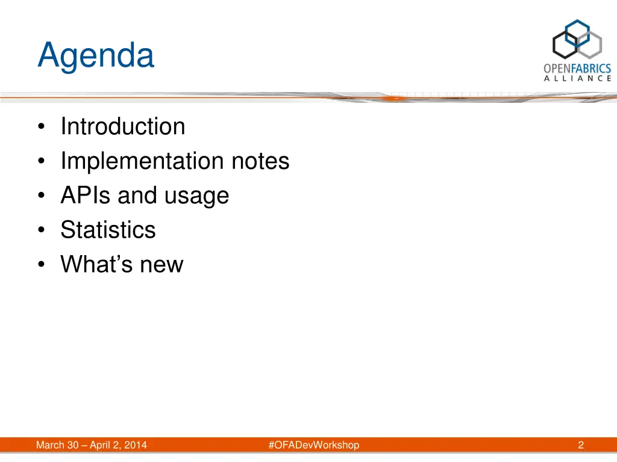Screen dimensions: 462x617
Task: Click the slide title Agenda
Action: [x=96, y=56]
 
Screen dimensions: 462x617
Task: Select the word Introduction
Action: [x=123, y=126]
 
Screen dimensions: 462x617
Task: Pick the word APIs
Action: [x=86, y=196]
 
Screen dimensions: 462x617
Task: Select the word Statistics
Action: [x=108, y=230]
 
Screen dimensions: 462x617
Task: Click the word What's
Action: [x=96, y=264]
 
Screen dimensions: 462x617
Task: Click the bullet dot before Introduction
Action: [x=41, y=127]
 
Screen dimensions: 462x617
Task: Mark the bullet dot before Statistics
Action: [x=41, y=230]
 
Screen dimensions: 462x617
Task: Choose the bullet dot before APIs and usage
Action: [x=41, y=196]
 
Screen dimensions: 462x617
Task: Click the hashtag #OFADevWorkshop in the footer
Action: [x=313, y=445]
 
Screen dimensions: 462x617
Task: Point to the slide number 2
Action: [x=581, y=445]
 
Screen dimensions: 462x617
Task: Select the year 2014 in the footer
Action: [x=136, y=445]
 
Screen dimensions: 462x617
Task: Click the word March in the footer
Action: [x=51, y=445]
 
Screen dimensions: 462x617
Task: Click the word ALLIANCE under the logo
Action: [x=578, y=78]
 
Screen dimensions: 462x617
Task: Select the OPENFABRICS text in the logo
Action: [x=577, y=69]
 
